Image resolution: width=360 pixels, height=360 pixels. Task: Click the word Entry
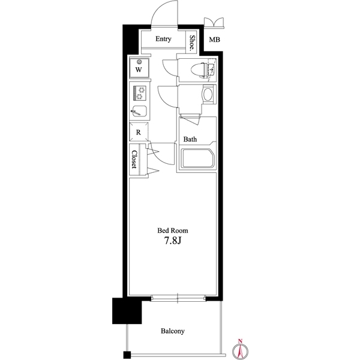163,40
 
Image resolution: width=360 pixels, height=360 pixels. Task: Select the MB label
214,41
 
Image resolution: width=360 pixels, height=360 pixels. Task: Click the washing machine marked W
139,67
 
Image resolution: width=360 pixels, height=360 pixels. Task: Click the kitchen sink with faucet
139,111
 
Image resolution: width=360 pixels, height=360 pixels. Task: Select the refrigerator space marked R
138,132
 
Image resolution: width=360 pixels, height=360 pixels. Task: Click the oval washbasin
208,95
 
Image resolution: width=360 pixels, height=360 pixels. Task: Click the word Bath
190,139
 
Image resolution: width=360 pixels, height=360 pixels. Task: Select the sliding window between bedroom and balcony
178,297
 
